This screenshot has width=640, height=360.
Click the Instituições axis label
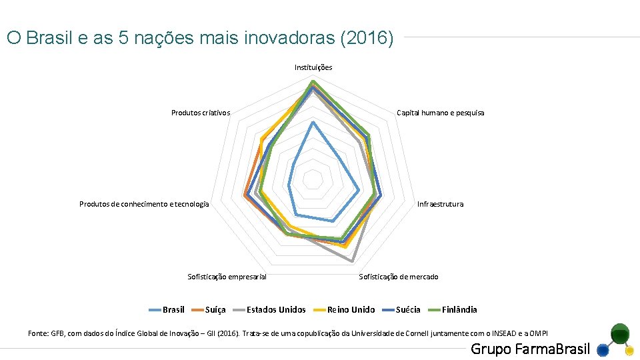[x=313, y=67]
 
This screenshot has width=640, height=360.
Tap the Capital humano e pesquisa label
[x=440, y=113]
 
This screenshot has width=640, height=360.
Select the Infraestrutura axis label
[x=440, y=204]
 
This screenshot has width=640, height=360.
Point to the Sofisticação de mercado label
[x=399, y=277]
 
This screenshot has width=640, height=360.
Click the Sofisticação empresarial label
[x=227, y=277]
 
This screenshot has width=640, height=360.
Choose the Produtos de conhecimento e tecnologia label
[x=144, y=204]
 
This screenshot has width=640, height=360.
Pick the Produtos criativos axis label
[x=200, y=113]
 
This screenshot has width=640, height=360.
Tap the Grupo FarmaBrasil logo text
[x=530, y=349]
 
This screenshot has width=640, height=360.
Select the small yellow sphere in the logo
[x=629, y=350]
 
